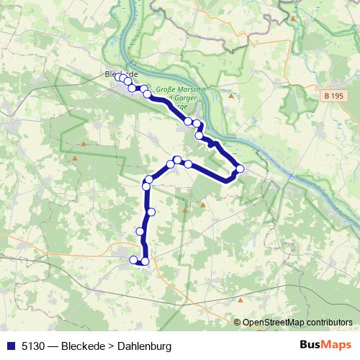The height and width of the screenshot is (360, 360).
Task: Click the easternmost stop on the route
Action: (240, 169)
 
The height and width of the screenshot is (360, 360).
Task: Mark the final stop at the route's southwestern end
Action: (133, 259)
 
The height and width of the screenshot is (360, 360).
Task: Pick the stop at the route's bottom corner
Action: (145, 261)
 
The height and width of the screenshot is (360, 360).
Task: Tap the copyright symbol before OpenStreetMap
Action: (238, 323)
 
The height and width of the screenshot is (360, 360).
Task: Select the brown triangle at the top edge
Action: (293, 17)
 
